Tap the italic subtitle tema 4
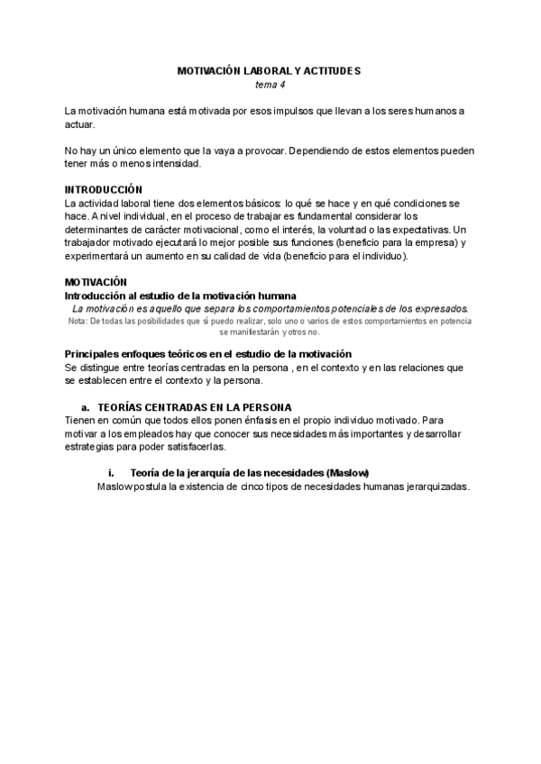click(x=270, y=83)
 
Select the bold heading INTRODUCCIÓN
click(x=104, y=189)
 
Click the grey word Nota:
click(x=78, y=320)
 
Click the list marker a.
click(x=86, y=406)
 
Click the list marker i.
click(x=111, y=473)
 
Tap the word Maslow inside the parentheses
click(x=350, y=473)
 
